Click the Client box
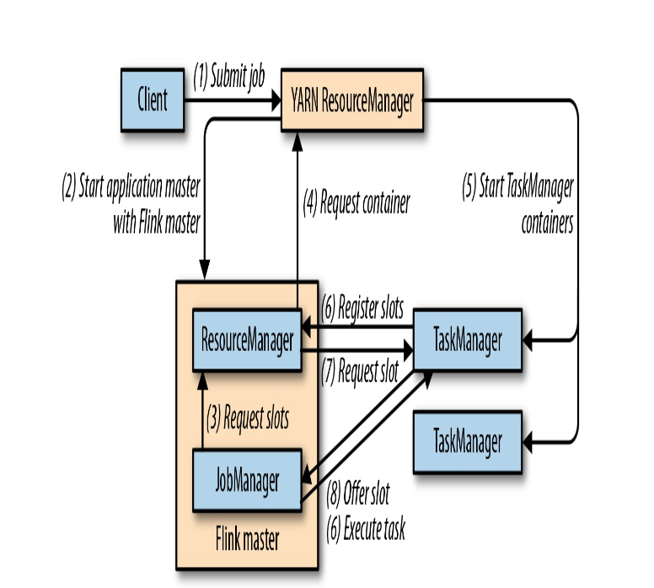pos(153,100)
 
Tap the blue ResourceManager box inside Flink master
pos(247,341)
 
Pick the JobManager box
pos(247,480)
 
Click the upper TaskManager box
pos(467,341)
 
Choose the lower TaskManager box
pos(467,441)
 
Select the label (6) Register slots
pos(362,308)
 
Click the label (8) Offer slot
pos(358,491)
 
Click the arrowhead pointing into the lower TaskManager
pos(528,441)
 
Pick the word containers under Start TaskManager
pos(548,224)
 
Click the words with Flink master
pos(157,224)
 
